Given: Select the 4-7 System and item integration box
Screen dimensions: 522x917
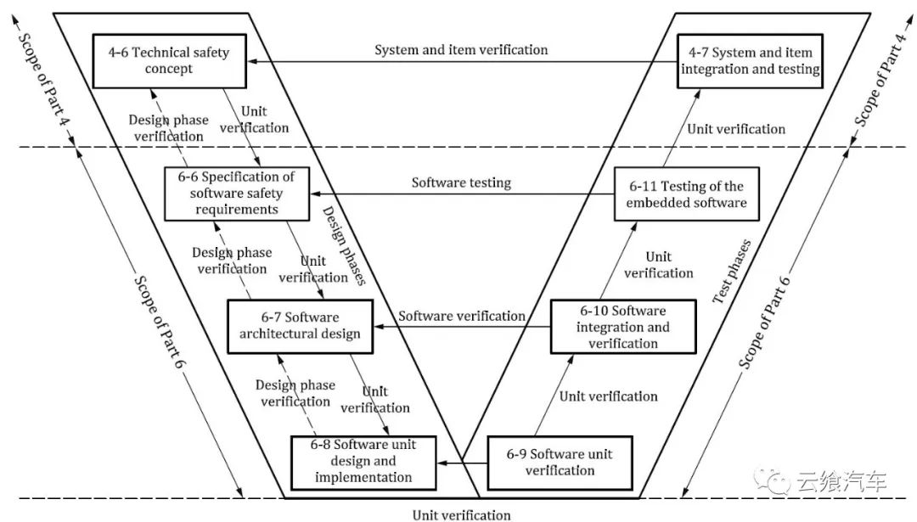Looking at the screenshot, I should click(x=751, y=60).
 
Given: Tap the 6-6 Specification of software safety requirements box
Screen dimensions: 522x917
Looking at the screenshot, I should click(x=236, y=193).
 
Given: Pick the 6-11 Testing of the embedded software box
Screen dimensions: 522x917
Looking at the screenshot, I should click(x=686, y=194).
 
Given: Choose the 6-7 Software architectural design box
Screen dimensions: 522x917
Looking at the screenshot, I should click(x=300, y=325).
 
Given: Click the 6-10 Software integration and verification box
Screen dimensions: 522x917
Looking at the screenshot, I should click(x=623, y=327).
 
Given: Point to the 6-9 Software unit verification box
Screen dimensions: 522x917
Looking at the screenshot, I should click(x=560, y=463).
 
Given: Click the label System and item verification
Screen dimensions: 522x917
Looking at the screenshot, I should click(x=461, y=50).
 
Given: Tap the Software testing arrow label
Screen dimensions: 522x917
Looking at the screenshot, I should click(x=461, y=182).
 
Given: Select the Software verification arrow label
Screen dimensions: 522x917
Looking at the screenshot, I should click(x=462, y=316).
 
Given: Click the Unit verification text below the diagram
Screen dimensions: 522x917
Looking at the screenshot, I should click(x=462, y=514).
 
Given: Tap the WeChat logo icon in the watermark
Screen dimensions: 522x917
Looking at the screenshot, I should click(x=776, y=481).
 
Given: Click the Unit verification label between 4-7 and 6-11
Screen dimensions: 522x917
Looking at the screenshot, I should click(x=736, y=129).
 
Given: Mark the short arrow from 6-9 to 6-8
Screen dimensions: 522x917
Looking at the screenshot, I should click(x=463, y=463).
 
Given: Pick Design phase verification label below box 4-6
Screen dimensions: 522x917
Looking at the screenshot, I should click(x=166, y=128).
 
